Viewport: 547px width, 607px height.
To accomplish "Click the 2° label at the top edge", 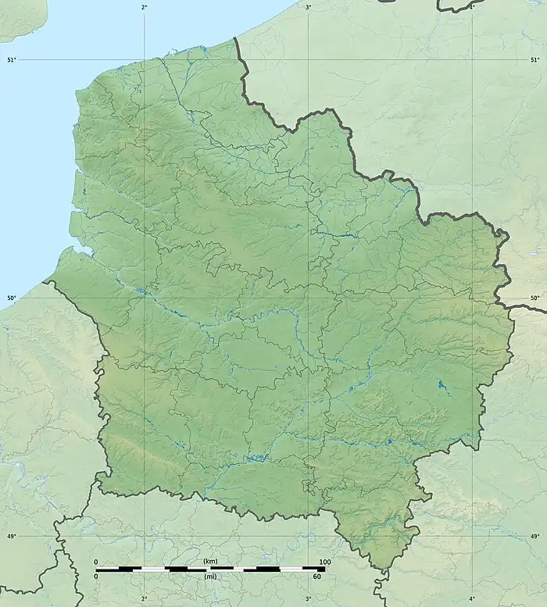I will pyautogui.click(x=144, y=7).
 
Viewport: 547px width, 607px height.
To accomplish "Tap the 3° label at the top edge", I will pyautogui.click(x=308, y=7).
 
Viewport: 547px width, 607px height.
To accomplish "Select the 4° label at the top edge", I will pyautogui.click(x=472, y=7).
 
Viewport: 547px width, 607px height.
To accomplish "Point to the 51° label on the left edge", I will pyautogui.click(x=10, y=59).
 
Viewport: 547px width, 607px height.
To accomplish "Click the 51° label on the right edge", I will pyautogui.click(x=535, y=59).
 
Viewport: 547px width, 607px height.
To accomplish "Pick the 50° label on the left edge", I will pyautogui.click(x=10, y=298).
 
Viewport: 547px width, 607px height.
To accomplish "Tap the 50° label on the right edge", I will pyautogui.click(x=535, y=298).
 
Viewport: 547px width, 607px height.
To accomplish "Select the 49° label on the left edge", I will pyautogui.click(x=10, y=536).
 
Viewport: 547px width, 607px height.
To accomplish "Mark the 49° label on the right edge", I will pyautogui.click(x=535, y=536).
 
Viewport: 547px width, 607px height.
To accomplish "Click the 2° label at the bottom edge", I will pyautogui.click(x=144, y=598).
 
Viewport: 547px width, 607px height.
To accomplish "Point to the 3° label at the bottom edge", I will pyautogui.click(x=308, y=598).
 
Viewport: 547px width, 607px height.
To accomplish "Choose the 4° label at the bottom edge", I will pyautogui.click(x=472, y=598).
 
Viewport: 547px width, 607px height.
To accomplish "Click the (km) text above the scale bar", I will pyautogui.click(x=210, y=562).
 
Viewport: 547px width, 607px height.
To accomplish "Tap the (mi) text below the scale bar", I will pyautogui.click(x=210, y=577).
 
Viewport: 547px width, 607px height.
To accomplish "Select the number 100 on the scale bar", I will pyautogui.click(x=324, y=562).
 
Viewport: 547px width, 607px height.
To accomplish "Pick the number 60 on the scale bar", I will pyautogui.click(x=317, y=577).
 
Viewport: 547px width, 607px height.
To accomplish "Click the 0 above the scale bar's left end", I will pyautogui.click(x=96, y=562).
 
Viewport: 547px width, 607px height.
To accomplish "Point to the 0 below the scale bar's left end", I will pyautogui.click(x=96, y=577).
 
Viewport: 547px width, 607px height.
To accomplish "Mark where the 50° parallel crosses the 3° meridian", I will pyautogui.click(x=308, y=298).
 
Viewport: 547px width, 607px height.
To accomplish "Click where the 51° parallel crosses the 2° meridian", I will pyautogui.click(x=144, y=59).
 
